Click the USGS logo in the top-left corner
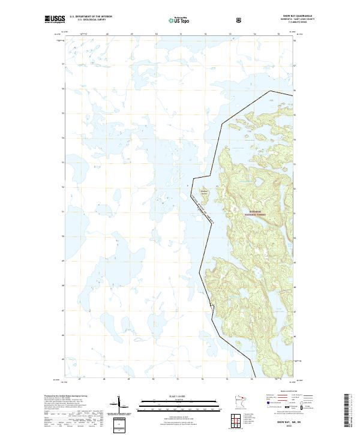click(55, 19)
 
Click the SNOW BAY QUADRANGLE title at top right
click(277, 16)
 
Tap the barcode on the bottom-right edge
click(347, 410)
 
